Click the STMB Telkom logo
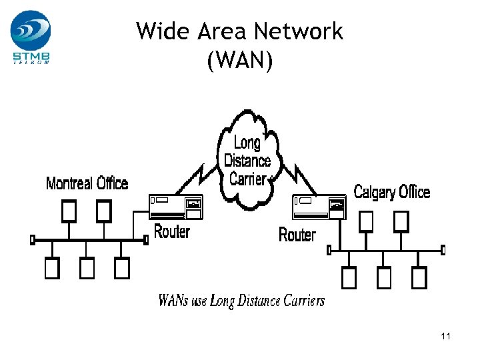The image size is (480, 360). coord(31,37)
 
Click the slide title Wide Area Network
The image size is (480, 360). coord(239,31)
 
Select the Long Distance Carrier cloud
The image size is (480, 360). coord(247,160)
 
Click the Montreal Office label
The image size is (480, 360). coord(87,183)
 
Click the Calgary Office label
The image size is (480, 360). coord(391,193)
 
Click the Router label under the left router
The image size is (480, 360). coord(172,232)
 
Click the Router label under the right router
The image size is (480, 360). coord(297,235)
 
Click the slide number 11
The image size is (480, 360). coord(445,337)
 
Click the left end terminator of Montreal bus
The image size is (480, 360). coord(32,239)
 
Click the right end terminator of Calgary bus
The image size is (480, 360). coord(443,250)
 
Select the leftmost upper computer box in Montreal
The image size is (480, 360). coord(69,212)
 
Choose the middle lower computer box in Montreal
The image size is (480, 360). coord(87,268)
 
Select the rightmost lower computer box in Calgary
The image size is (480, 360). coord(419,277)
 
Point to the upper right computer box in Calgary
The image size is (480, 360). coord(401,221)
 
